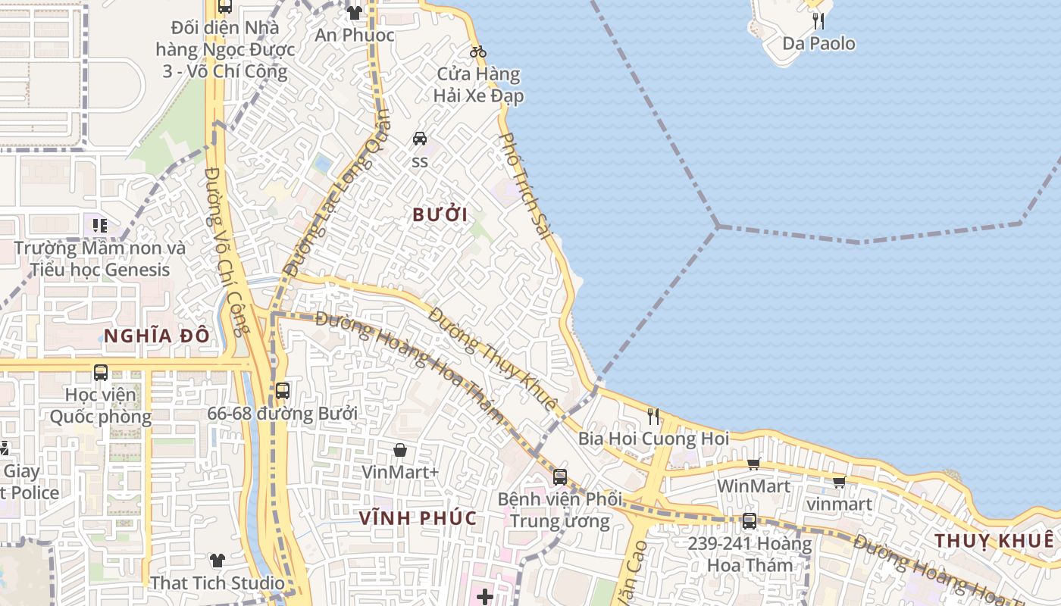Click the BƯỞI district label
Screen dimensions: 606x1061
pyautogui.click(x=440, y=214)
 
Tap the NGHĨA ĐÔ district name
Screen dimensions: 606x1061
pyautogui.click(x=156, y=336)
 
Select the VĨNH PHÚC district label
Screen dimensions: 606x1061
pyautogui.click(x=418, y=518)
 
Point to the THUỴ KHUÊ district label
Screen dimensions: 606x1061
pyautogui.click(x=994, y=541)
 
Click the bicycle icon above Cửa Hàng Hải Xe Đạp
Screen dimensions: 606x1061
pyautogui.click(x=477, y=52)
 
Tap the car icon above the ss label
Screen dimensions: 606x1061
pyautogui.click(x=419, y=139)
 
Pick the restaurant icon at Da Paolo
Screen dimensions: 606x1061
pyautogui.click(x=818, y=21)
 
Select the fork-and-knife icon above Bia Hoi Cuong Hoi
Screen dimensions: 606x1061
pyautogui.click(x=653, y=416)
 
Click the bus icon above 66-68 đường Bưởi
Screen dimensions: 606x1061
pyautogui.click(x=282, y=391)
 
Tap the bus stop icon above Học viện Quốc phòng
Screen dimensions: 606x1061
pyautogui.click(x=101, y=372)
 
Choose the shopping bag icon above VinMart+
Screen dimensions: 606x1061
pyautogui.click(x=400, y=450)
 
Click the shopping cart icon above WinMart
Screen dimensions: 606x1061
pyautogui.click(x=753, y=464)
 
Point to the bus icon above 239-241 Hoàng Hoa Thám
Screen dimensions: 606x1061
pyautogui.click(x=749, y=521)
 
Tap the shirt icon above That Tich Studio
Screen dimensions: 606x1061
pyautogui.click(x=218, y=561)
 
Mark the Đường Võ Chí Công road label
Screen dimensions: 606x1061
pyautogui.click(x=227, y=251)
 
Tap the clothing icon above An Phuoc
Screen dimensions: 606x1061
pyautogui.click(x=354, y=13)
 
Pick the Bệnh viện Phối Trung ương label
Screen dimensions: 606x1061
pyautogui.click(x=559, y=510)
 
